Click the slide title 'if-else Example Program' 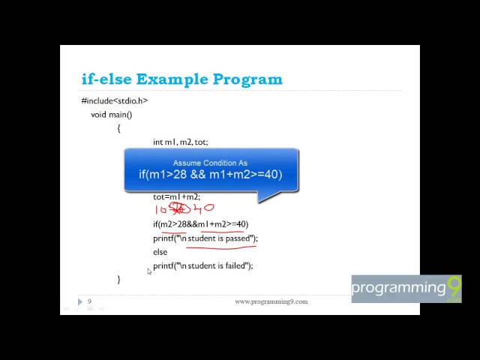tap(181, 79)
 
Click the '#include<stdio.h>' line tap(115, 101)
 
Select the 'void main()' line tap(111, 115)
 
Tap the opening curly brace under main tap(118, 128)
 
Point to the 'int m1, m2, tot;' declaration tap(180, 142)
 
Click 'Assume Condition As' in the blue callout tap(210, 163)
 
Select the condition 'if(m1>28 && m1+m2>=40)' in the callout tap(210, 175)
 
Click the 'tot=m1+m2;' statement tap(177, 197)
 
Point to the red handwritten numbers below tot tap(184, 210)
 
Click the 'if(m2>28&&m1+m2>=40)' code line tap(200, 224)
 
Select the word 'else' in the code tap(160, 252)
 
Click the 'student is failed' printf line tap(203, 265)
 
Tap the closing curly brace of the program tap(118, 279)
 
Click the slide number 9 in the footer tap(89, 301)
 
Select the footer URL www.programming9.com tap(271, 301)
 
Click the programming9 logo tap(406, 289)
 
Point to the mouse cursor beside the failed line tap(149, 271)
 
